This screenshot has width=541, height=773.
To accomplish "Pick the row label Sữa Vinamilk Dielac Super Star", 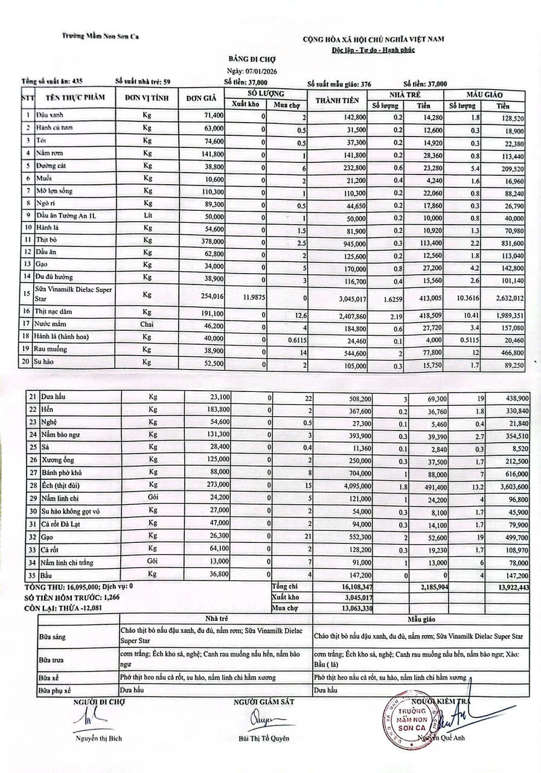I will click(74, 294).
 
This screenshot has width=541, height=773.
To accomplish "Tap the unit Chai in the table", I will click(147, 324).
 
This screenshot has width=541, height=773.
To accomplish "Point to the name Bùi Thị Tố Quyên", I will click(264, 738).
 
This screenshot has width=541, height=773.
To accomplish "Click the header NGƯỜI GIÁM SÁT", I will click(264, 701).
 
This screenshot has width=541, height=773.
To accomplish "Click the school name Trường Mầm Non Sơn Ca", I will click(101, 37).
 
